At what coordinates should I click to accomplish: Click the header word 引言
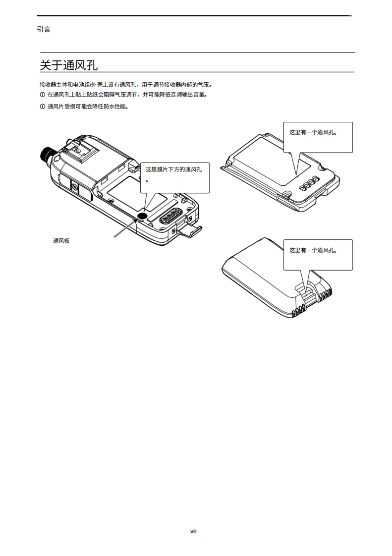tap(44, 29)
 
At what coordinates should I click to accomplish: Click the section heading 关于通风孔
tap(68, 65)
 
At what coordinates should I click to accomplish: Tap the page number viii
tap(194, 531)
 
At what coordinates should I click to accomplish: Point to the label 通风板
tap(61, 241)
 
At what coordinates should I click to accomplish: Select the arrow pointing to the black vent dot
tap(125, 228)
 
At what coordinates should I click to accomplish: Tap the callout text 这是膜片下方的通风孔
tap(173, 169)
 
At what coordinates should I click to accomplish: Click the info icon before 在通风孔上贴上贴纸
tap(42, 95)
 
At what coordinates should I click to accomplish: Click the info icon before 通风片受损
tap(42, 107)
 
